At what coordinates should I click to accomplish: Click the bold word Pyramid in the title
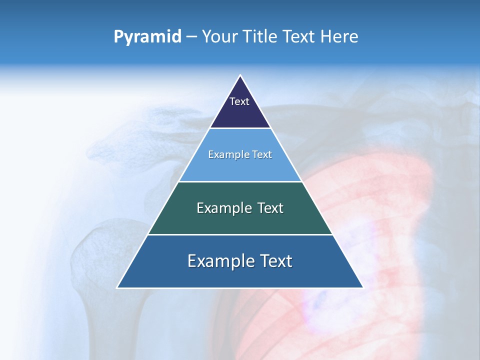[147, 36]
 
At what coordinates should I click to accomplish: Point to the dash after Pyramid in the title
[191, 37]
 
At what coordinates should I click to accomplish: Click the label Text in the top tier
[239, 101]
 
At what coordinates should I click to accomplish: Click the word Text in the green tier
[270, 208]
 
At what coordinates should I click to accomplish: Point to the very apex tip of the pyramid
[240, 76]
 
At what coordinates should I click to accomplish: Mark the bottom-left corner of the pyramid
[118, 287]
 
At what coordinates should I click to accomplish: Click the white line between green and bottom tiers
[240, 234]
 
